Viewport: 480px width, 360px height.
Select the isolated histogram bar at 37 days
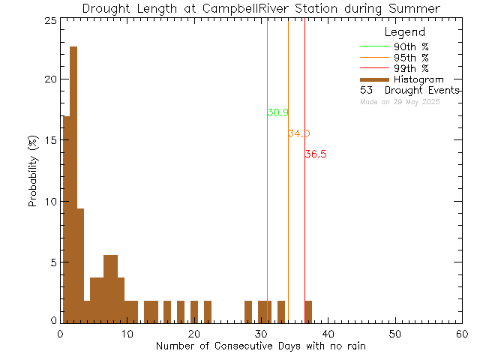tap(308, 311)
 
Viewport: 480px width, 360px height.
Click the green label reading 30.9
tap(277, 113)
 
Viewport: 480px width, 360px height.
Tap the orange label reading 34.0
tap(298, 134)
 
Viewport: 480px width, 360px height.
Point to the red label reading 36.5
tap(315, 154)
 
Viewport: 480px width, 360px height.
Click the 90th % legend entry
tap(411, 46)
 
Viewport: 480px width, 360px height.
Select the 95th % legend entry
tap(411, 58)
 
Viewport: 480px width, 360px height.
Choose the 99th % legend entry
tap(411, 69)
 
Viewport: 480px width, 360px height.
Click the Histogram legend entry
tap(418, 79)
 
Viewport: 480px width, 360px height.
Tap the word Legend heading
tap(404, 32)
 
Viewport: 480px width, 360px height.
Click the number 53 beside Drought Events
tap(367, 90)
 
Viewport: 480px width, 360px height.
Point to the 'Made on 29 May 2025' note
tap(400, 101)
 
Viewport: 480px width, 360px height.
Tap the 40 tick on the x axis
tap(328, 334)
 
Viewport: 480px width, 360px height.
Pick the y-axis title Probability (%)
tap(34, 171)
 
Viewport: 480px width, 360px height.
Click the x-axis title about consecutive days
tap(261, 346)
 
